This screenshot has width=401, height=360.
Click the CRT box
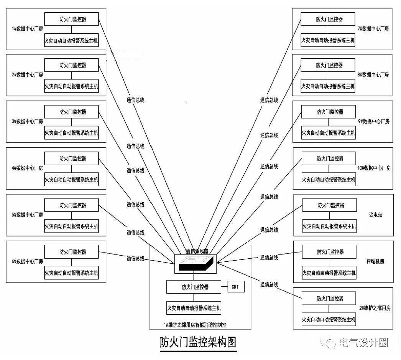[236, 287]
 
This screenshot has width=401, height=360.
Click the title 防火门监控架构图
[198, 342]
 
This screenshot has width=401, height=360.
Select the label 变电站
[375, 215]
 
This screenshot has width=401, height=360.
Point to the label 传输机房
[375, 261]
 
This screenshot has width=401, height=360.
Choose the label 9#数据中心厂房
[374, 121]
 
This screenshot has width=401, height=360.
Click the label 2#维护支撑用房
[375, 308]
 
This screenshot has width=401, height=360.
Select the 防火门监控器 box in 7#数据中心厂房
[328, 19]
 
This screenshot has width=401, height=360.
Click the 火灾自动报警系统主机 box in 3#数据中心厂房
[71, 133]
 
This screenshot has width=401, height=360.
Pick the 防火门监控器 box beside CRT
[194, 287]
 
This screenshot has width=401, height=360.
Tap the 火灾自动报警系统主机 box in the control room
[194, 308]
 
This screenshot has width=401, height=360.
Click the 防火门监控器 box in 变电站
[329, 205]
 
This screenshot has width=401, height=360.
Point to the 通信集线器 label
[197, 251]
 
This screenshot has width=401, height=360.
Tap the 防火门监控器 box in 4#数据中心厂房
[71, 159]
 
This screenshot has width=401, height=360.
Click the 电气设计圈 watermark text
[362, 342]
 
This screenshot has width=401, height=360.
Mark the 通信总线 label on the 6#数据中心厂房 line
[135, 258]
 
